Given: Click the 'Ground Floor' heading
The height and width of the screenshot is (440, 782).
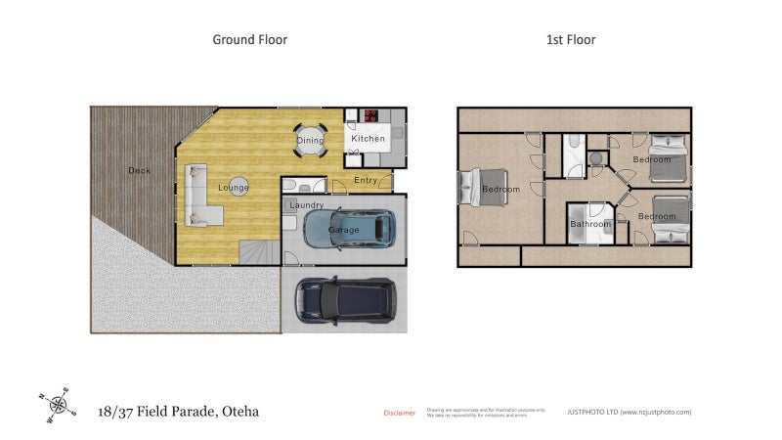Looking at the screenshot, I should (x=250, y=40).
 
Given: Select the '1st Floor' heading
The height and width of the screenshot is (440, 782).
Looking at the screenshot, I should (x=570, y=40).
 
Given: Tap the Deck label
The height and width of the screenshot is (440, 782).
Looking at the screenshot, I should (x=139, y=171).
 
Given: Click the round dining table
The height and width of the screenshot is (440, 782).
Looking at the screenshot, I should (x=310, y=140).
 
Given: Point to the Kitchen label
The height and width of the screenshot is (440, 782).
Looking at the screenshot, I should (x=369, y=139).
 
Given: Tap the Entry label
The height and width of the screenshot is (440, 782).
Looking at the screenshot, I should (x=366, y=180).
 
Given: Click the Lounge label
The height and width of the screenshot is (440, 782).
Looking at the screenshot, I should (x=233, y=188).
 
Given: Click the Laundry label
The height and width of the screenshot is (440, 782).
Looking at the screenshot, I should (x=306, y=205).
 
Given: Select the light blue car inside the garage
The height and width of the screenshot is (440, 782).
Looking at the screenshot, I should (x=348, y=229).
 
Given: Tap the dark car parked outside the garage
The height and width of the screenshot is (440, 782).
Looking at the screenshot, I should (x=345, y=299).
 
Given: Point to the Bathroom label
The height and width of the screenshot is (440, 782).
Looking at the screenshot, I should (x=590, y=224).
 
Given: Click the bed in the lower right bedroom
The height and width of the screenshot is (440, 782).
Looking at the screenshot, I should (x=668, y=217).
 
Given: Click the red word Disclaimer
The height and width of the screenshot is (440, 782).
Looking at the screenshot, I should (x=399, y=413).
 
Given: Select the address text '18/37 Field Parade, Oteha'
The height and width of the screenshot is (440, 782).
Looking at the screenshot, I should (x=179, y=412).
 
